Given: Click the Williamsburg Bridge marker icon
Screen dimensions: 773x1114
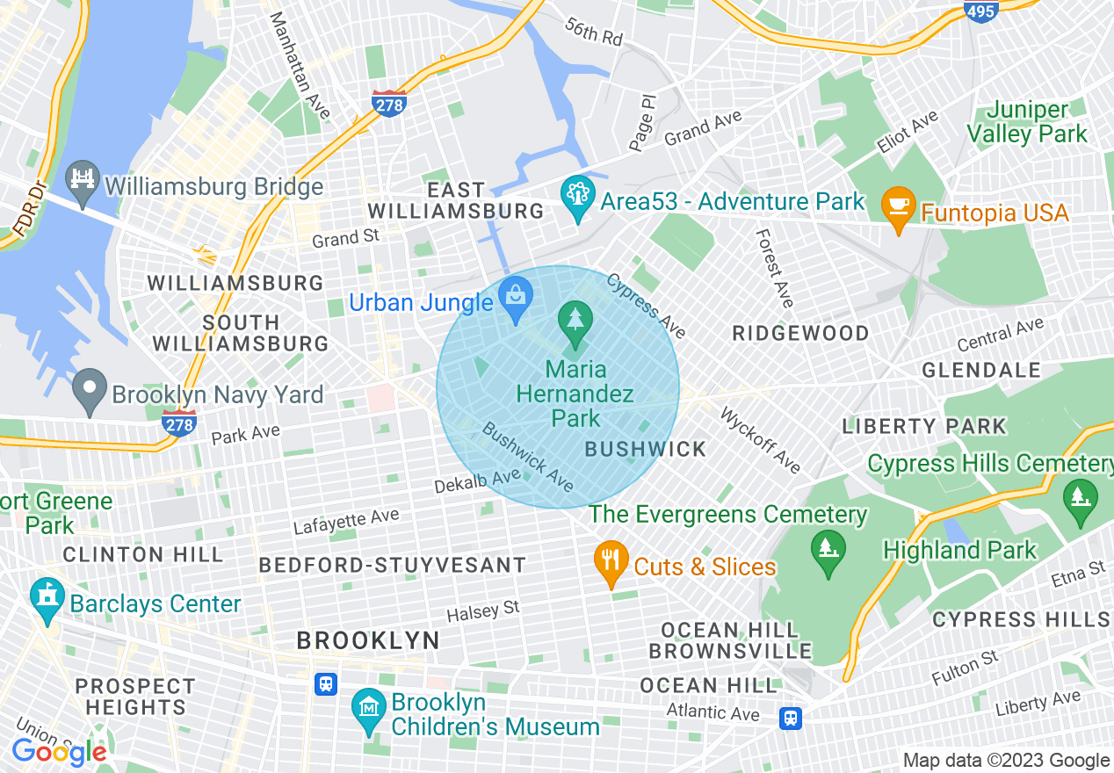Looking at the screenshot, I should [83, 184].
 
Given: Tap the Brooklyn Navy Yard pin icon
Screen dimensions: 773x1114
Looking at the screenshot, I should [89, 392].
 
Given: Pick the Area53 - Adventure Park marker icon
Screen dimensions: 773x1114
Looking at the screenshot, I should [577, 199].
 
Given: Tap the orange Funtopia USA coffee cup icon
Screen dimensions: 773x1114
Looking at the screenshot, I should [898, 209].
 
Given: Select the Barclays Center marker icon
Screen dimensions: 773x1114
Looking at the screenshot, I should [47, 601].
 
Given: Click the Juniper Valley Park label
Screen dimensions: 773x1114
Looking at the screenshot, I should [1027, 122].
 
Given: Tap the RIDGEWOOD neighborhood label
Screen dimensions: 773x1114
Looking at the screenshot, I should [800, 333].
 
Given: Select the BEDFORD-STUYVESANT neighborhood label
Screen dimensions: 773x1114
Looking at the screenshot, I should [392, 565].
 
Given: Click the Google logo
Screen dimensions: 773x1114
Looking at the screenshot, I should [60, 752].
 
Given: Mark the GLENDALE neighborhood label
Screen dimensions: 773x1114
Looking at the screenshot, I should [980, 370].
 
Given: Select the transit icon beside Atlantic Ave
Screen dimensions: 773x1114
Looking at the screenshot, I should [791, 719].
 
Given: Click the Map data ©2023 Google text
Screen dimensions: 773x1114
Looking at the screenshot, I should [1006, 761].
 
